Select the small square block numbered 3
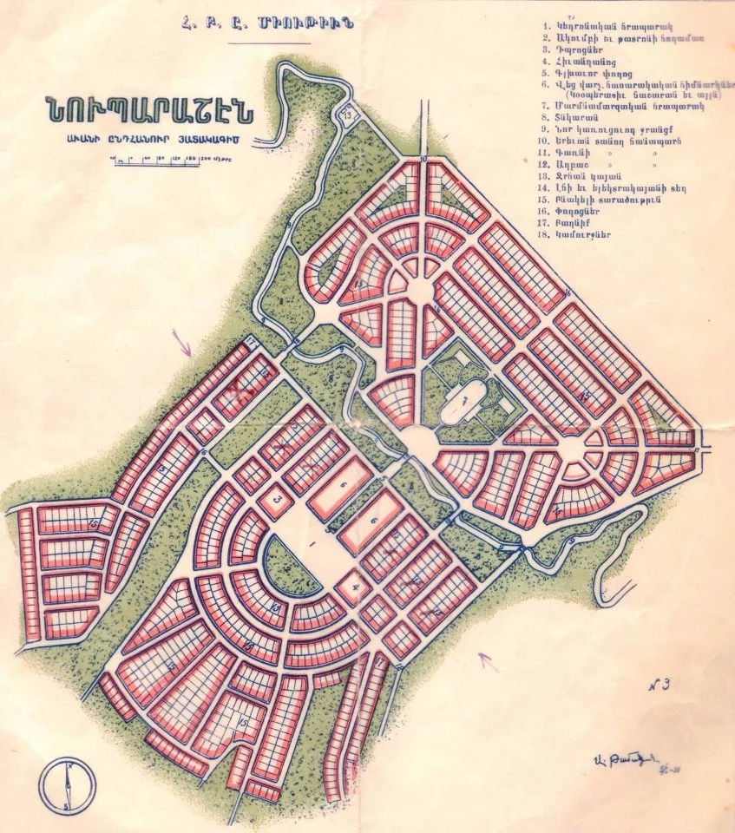coord(277,501)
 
